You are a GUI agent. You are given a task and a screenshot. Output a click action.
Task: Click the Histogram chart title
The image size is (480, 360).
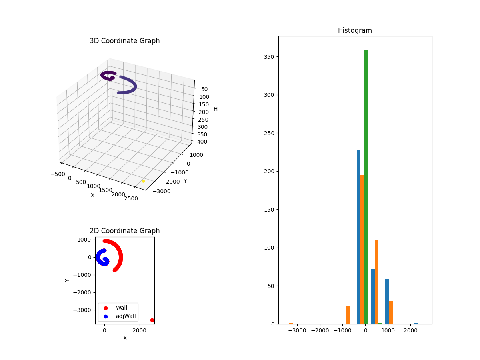point(355,30)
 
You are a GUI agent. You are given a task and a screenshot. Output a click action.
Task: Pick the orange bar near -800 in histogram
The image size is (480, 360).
point(348,315)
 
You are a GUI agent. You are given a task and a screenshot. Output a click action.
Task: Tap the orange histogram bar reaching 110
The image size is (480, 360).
point(376,282)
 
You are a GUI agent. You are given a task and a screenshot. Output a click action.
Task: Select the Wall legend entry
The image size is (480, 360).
point(121,308)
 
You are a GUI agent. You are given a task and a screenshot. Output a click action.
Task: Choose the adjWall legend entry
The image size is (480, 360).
point(125,316)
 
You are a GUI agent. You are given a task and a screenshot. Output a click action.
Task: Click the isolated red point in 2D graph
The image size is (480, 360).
point(152,320)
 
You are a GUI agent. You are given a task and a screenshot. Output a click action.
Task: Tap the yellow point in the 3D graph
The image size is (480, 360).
point(143,181)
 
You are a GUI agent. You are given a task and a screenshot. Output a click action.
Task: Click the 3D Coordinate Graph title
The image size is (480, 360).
point(124,41)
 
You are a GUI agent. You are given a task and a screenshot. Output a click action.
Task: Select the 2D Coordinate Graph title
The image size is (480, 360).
point(124,231)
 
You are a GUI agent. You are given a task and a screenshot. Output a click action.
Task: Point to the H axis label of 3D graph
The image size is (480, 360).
point(216,109)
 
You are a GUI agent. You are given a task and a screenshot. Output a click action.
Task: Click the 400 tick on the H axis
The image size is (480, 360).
point(202,142)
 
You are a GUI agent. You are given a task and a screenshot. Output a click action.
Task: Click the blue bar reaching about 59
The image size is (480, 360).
point(387,302)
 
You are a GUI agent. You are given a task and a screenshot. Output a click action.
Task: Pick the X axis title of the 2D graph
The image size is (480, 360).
point(125,338)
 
